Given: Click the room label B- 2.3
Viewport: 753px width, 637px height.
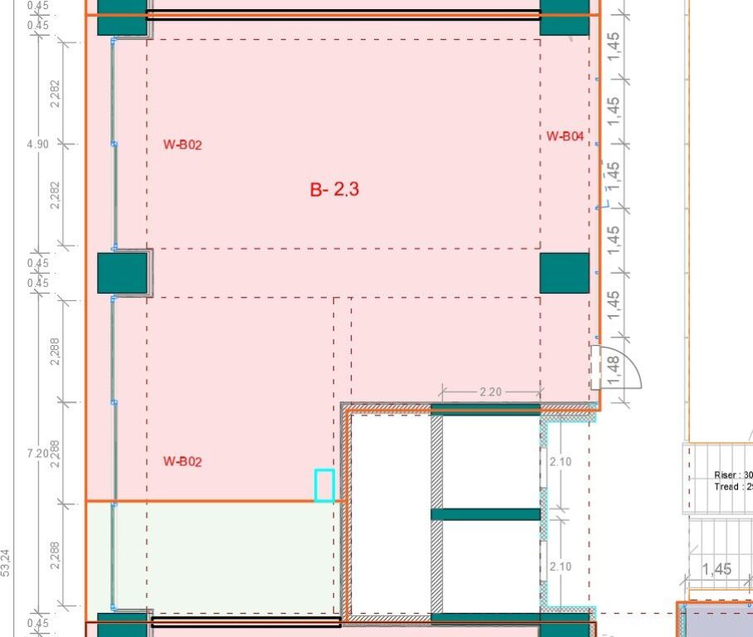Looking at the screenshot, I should point(334,190).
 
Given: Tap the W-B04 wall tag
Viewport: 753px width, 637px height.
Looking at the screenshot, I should point(565,137).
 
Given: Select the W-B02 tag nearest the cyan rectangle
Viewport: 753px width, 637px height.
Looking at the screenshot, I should point(182,461).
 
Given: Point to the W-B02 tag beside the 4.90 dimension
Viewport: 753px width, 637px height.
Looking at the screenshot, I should point(182,145).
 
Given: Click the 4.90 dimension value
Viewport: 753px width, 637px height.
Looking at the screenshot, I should point(38,144).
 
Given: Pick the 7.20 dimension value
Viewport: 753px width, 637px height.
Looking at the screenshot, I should point(38,454).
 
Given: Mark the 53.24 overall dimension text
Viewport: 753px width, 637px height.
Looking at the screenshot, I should point(7,562).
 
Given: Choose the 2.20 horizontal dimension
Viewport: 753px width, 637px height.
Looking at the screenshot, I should point(491,391).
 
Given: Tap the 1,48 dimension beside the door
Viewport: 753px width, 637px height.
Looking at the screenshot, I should point(614,369).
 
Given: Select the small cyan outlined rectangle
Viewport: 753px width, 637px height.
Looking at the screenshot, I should point(324,485).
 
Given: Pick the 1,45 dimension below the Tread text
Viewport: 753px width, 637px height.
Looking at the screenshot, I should point(717,570).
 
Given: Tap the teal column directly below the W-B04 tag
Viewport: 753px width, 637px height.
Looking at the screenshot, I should point(565,273).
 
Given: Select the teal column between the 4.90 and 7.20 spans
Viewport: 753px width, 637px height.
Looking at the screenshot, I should point(122,273).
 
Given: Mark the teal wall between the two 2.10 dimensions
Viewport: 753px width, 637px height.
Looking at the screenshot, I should point(485,514).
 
